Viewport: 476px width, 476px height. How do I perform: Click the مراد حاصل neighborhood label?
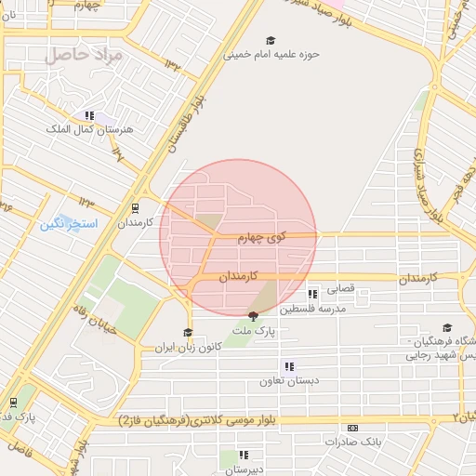pos(84,55)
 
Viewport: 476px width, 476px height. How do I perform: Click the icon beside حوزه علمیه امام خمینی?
pos(271,40)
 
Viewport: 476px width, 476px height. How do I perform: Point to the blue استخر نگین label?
pos(67,225)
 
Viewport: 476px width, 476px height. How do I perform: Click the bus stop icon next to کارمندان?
pos(136,208)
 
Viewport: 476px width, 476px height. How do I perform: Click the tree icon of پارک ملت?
pos(253,317)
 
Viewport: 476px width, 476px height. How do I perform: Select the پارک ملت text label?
pos(254,331)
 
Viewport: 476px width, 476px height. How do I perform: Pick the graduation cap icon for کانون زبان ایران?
pos(188,332)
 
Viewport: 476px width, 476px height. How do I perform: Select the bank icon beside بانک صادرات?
pos(351,428)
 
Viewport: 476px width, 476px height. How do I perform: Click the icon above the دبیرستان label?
pos(243,455)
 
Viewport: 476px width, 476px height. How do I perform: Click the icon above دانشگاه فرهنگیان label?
pos(447,327)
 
